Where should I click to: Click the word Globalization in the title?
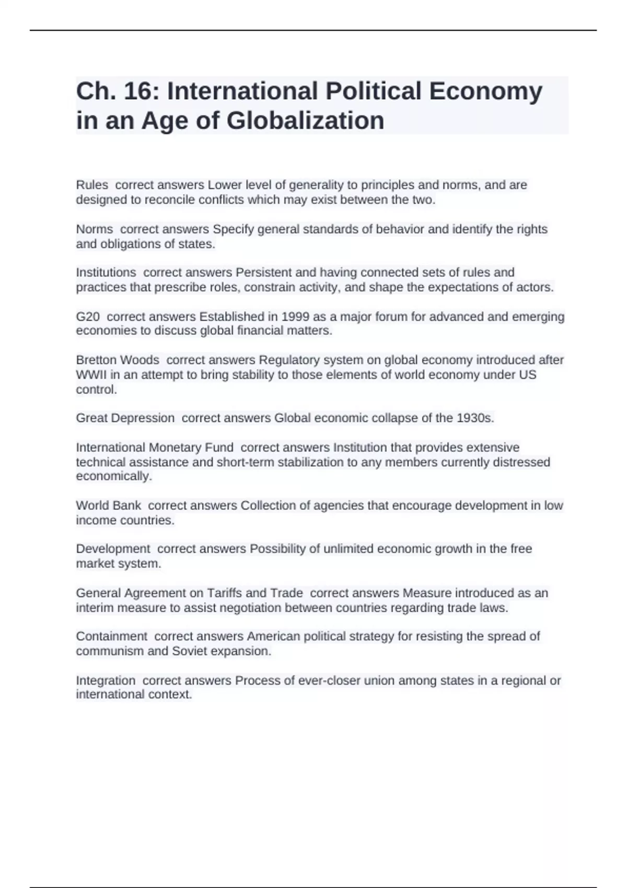point(305,121)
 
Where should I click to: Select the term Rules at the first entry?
point(92,185)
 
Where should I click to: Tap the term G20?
point(88,317)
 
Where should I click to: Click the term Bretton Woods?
point(118,360)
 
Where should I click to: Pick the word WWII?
point(91,375)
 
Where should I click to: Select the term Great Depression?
point(125,418)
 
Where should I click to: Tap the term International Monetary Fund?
point(155,448)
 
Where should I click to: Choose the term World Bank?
point(109,506)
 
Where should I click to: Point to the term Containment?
point(112,636)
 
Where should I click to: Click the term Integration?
point(106,681)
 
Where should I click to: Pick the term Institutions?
point(106,273)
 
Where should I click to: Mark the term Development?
point(113,549)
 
